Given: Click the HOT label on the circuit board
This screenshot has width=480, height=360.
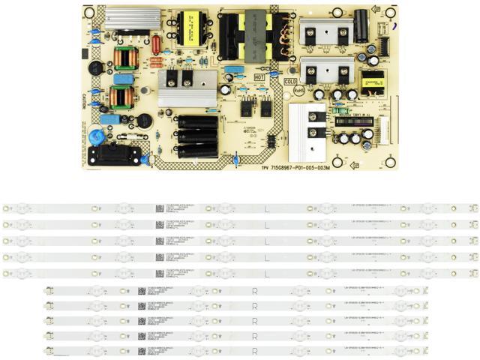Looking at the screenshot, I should click(260, 77).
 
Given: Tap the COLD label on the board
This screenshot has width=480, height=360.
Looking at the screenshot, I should click(291, 82).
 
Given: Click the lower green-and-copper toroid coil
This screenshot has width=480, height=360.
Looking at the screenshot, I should click(120, 97).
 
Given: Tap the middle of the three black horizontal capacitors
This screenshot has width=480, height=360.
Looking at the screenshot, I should click(196, 136).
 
